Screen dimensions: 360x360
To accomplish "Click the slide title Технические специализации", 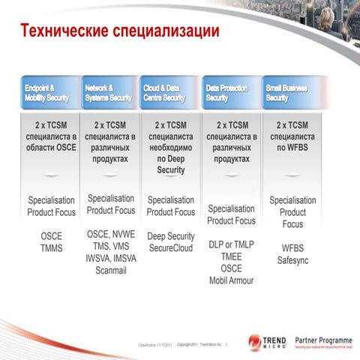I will pos(119,31).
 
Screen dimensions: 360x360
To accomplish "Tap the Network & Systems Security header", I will pos(109,93).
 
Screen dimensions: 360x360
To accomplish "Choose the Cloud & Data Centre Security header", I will pos(169,93).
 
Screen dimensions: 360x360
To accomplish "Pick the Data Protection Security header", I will pos(231,93).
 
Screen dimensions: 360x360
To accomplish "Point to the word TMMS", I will pos(52,248).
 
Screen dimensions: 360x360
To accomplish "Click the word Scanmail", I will pos(111,271).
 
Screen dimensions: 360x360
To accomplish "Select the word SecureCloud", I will pos(171,247).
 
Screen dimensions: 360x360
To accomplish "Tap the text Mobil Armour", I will pos(232,280).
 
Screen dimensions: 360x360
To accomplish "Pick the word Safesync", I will pos(292,260).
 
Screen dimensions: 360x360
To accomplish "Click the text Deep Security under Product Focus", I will pos(171,236).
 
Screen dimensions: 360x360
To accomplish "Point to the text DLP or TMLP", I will pos(232,244).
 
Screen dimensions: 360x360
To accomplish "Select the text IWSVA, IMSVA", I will pos(111,258).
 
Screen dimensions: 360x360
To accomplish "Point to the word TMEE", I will pos(232,256).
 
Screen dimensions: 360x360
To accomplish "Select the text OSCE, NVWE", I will pos(111,234).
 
